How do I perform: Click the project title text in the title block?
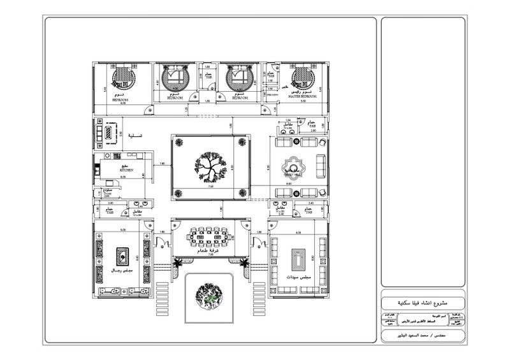click(423, 301)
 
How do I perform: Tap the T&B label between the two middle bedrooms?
click(208, 77)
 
